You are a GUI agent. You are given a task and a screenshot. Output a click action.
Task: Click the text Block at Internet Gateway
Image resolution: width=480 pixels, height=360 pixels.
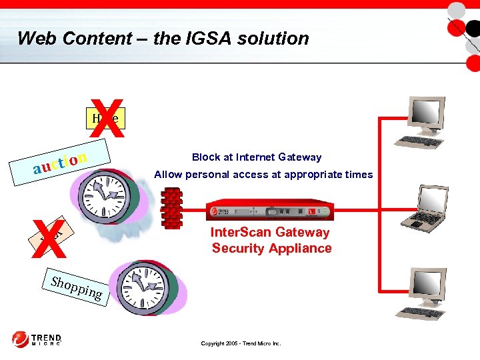[x=257, y=157]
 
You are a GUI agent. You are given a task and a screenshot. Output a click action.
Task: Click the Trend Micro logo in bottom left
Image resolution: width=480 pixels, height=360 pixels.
[x=37, y=340]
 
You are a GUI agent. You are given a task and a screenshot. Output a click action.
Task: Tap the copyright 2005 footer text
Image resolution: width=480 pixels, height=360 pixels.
[x=241, y=343]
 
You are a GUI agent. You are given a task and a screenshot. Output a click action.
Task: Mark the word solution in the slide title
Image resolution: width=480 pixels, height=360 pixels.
[x=276, y=38]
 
